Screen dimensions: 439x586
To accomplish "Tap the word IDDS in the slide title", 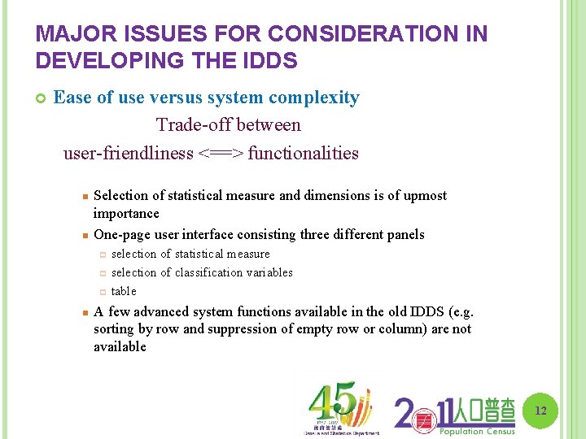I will tap(271, 61).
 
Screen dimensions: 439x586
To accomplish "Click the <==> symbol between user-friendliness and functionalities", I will tap(220, 153).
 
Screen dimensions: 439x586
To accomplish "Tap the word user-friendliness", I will tap(129, 153).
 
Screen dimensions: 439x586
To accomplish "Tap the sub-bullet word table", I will tap(124, 291).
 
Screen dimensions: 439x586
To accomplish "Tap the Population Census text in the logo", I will tap(477, 432).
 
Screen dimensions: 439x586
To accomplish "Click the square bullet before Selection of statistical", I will tap(84, 196).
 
